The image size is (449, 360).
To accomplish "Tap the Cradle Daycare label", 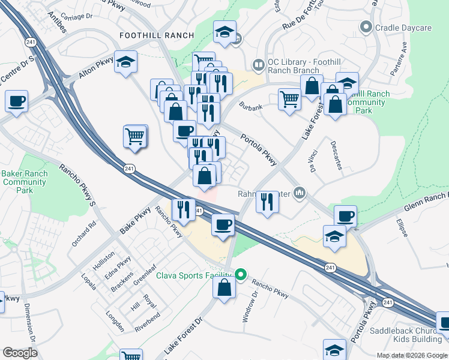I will click(403, 28).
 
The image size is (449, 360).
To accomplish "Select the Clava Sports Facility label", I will click(194, 275).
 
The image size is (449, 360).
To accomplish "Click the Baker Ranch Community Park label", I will click(25, 182).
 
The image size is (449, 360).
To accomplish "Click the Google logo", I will click(20, 353).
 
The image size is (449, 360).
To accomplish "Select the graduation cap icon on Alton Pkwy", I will click(126, 62).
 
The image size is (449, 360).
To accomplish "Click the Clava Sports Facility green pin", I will click(241, 275).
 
